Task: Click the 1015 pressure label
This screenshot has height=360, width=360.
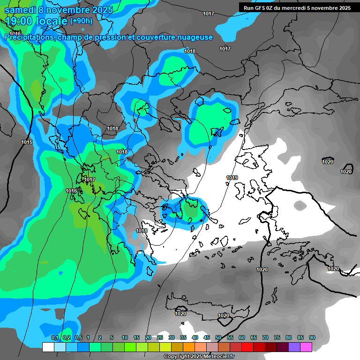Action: [x=27, y=142]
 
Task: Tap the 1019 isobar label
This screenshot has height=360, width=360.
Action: [x=232, y=178]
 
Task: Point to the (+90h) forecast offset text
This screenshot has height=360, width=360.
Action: [x=81, y=21]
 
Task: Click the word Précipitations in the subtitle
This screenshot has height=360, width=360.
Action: [x=29, y=37]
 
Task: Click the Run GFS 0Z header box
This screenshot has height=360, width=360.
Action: [x=297, y=8]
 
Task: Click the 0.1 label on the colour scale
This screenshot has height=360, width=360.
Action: [x=54, y=337]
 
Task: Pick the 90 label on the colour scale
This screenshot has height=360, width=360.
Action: [x=312, y=337]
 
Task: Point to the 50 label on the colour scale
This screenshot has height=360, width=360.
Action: [x=218, y=337]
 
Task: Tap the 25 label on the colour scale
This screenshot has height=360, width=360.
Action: [x=160, y=337]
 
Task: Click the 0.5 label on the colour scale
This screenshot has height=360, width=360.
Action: [x=78, y=337]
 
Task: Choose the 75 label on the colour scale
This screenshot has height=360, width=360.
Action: [x=277, y=337]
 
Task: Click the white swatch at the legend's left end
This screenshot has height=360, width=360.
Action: [x=48, y=347]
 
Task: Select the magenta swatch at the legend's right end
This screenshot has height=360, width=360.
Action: [x=306, y=347]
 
